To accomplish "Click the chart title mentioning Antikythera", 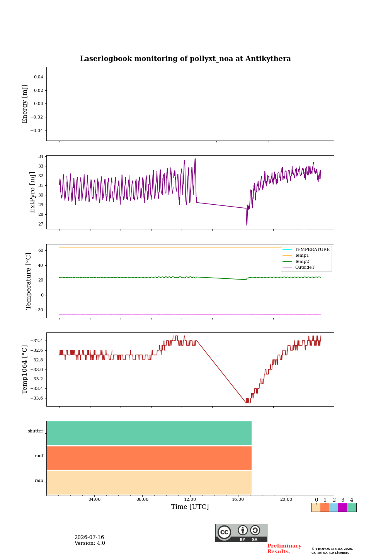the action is (x=185, y=59).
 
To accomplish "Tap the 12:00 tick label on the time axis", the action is (x=190, y=499).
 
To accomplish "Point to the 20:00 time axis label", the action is (x=286, y=499).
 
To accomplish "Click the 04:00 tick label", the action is (x=94, y=499).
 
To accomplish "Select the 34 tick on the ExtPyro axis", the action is (x=41, y=156).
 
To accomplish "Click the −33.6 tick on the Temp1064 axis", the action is (x=37, y=398).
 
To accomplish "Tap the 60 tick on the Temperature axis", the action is (x=41, y=250).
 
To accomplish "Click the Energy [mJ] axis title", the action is (x=25, y=104).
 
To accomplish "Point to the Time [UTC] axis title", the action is (x=190, y=507).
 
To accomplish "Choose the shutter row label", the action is (x=36, y=431).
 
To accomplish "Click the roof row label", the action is (x=39, y=456).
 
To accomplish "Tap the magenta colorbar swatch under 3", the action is (x=342, y=507).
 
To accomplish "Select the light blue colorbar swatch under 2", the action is (x=334, y=507).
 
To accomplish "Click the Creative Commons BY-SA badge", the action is (x=241, y=533).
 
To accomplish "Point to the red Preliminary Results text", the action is (x=284, y=549).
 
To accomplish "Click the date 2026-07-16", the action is (x=89, y=537).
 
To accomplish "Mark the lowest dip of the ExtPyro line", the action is (x=247, y=225).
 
